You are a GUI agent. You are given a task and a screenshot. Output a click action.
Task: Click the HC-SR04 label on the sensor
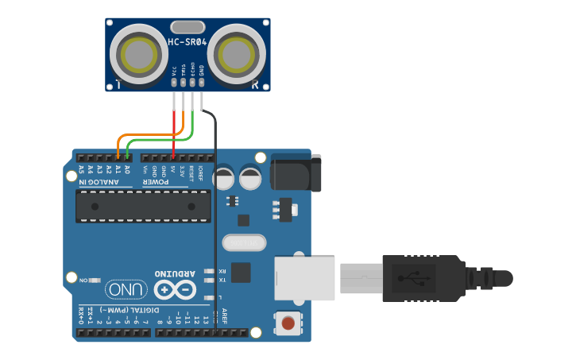coord(187,41)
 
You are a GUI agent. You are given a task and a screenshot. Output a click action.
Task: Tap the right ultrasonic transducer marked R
coord(236,55)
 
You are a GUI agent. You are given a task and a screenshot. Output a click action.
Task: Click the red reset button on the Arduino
coord(288,323)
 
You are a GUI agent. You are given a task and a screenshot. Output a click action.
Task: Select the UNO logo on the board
coord(126,289)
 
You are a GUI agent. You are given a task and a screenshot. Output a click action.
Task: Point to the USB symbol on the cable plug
coord(412,278)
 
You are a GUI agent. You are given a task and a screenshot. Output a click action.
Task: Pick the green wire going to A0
coord(159,140)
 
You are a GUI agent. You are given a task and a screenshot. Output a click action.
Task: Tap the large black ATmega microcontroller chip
coord(143,206)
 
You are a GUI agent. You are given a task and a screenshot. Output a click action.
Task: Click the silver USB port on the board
coord(303,277)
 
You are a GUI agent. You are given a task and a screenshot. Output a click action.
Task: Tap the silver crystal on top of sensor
coord(187,27)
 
